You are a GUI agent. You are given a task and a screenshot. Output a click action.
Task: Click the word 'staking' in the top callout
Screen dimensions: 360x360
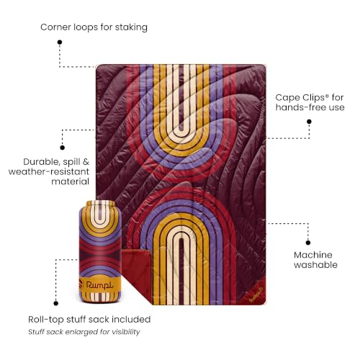point(131,27)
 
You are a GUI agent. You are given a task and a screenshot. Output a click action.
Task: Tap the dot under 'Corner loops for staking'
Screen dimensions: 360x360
point(60,42)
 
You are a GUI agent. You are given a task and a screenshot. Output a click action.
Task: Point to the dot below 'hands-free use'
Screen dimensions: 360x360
point(309,122)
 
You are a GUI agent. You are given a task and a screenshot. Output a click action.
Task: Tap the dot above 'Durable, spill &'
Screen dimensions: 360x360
point(63,148)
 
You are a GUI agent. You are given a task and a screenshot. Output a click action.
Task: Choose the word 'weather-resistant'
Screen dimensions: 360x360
point(49,172)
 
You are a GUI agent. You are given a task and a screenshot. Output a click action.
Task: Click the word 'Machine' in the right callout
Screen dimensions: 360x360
point(313,255)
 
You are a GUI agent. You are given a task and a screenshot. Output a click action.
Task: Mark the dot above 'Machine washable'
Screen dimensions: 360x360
point(308,243)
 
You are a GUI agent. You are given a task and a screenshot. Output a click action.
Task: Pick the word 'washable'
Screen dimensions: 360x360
point(315,265)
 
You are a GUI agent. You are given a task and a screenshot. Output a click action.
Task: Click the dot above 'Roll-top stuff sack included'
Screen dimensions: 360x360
point(56,303)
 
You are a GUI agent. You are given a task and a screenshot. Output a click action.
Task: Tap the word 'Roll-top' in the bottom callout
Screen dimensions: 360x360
point(46,320)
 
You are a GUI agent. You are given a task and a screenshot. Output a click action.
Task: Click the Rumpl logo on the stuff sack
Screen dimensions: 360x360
point(99,285)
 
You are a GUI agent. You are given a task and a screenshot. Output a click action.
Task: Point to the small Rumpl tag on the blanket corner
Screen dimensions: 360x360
point(256,294)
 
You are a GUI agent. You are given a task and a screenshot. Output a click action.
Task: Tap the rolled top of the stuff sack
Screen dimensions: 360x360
point(100,203)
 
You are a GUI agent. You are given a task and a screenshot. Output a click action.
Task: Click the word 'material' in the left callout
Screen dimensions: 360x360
point(71,181)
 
